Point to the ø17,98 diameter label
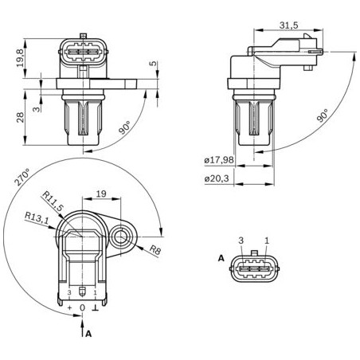tap(218, 160)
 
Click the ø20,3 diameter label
tap(217, 178)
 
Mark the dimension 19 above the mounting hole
tap(101, 194)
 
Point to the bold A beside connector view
tap(221, 258)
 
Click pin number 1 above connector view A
tap(267, 240)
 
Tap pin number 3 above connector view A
tap(241, 240)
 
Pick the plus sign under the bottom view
tap(70, 307)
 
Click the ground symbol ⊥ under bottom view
tap(96, 307)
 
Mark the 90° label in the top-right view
tap(322, 115)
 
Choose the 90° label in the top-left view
tap(124, 127)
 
